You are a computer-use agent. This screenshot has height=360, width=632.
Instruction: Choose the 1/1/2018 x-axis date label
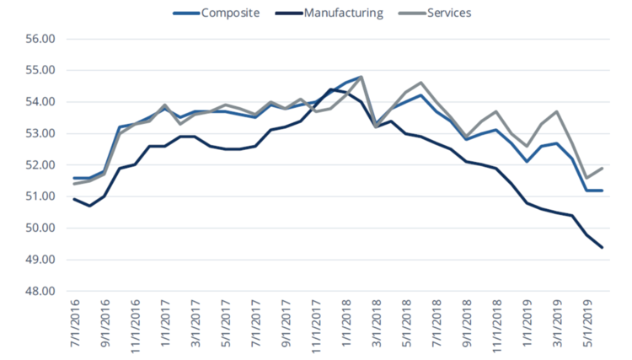[346, 325]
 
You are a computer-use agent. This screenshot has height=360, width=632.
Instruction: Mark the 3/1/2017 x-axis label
[196, 325]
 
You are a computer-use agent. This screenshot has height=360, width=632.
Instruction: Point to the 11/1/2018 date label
[497, 325]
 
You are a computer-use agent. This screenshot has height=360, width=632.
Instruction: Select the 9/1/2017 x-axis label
[287, 325]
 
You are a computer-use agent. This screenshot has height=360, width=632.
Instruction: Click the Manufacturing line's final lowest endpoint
[602, 247]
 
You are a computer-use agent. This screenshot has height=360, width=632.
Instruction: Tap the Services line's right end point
[602, 168]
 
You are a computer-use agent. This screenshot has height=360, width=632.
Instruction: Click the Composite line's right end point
[602, 191]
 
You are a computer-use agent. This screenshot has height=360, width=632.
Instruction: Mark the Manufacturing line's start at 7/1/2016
[75, 199]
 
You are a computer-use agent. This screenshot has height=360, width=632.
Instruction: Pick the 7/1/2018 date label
[437, 325]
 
